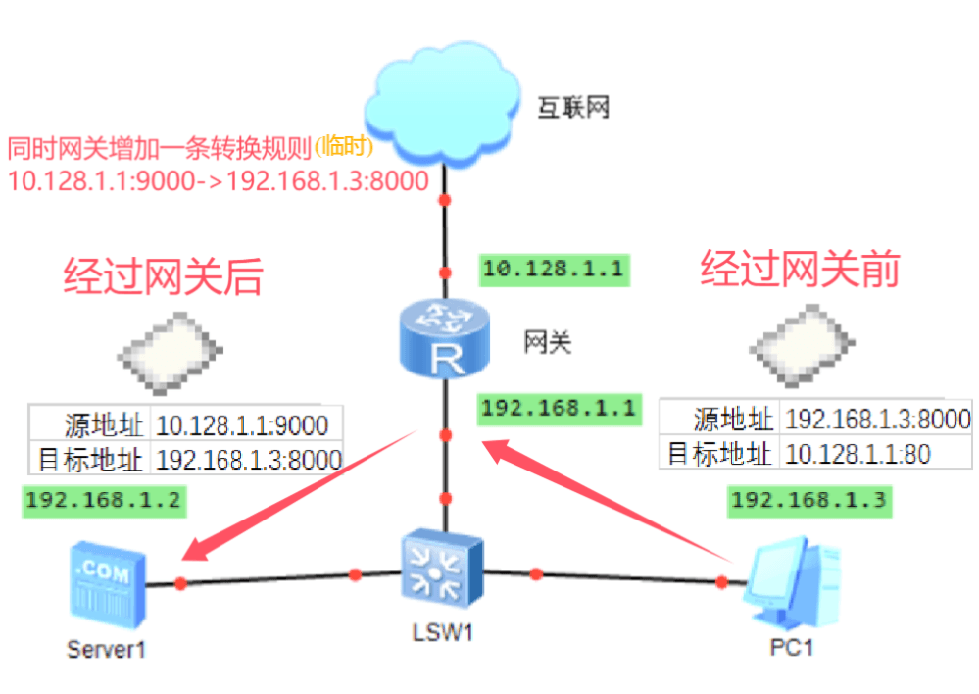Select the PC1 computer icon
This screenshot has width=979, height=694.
pos(791,585)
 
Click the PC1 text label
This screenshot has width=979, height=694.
pos(791,647)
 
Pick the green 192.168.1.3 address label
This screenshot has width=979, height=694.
pos(808,501)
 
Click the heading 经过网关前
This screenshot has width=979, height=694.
pos(799,270)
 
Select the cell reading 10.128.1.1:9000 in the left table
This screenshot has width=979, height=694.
pos(244,424)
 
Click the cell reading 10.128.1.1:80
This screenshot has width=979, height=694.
pos(857,453)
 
